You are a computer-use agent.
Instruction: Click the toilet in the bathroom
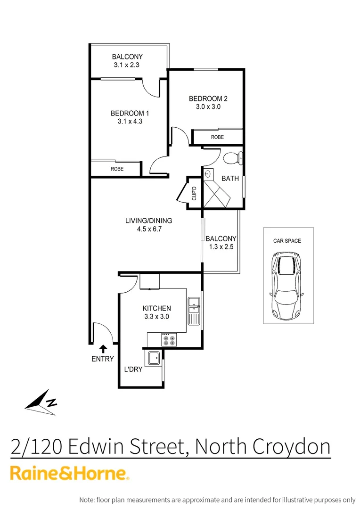coord(232,158)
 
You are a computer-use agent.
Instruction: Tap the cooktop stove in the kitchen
coord(169,339)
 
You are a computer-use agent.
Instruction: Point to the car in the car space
coord(286,285)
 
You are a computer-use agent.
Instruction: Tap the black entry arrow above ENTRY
coord(103,349)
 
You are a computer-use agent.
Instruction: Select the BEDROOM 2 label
coord(208,99)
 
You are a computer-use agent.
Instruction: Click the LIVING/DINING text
coord(148,221)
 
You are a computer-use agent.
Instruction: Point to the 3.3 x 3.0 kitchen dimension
coord(156,317)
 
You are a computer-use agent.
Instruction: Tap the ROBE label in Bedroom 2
coord(217,137)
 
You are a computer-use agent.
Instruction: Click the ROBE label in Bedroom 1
coord(117,168)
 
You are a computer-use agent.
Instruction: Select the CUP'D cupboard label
coord(194,193)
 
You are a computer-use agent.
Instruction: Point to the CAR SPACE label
coord(287,241)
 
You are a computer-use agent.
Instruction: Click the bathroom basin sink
coord(208,174)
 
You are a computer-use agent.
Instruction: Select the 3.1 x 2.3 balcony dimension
coord(127,65)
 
